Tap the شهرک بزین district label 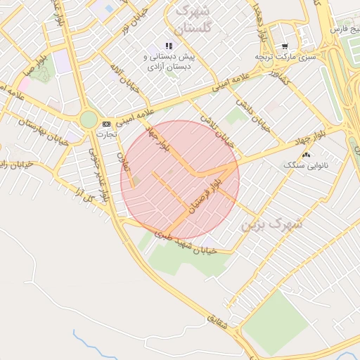click(x=271, y=225)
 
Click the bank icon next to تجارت click(x=106, y=123)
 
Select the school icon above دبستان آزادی click(x=168, y=46)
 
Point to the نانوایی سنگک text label click(x=302, y=165)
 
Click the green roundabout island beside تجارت click(x=89, y=120)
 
